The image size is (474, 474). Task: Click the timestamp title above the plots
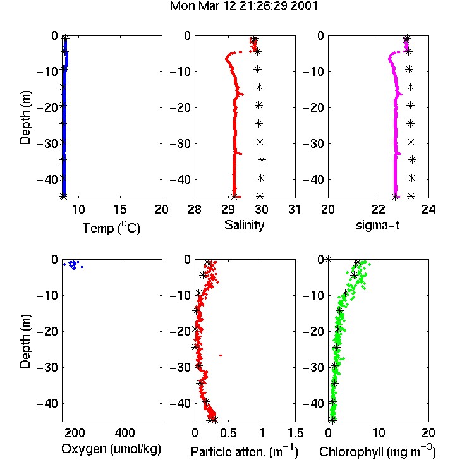tap(244, 6)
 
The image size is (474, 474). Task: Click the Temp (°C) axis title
tap(111, 228)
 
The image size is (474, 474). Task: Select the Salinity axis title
tap(244, 225)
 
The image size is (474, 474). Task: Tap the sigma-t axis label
tap(377, 225)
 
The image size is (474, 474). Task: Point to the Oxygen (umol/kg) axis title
tap(111, 449)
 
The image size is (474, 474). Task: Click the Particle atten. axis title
tap(245, 451)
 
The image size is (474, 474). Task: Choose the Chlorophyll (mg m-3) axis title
tap(377, 451)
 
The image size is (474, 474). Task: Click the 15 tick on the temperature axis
tap(120, 209)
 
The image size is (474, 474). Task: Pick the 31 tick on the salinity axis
tap(295, 209)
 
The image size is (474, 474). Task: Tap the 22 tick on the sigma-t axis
tap(379, 209)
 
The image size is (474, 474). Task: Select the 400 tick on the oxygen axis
tap(125, 433)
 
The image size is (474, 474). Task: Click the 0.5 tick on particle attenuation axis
tap(228, 433)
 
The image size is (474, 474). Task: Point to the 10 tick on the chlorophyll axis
tap(379, 433)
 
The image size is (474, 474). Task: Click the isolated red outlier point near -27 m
tap(221, 355)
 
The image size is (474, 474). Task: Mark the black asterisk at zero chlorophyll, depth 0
tap(328, 259)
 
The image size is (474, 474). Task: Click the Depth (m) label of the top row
tap(25, 118)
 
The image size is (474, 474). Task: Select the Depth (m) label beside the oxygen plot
tap(25, 341)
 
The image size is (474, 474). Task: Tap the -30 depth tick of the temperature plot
tap(48, 143)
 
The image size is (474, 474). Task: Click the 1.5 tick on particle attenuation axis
tap(295, 433)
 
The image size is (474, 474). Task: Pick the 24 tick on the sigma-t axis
tap(428, 209)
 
